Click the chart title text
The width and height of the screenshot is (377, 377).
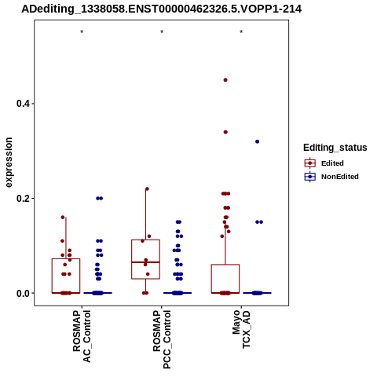(161, 9)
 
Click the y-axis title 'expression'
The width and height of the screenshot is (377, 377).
(9, 163)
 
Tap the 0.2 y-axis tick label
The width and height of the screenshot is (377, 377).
(22, 199)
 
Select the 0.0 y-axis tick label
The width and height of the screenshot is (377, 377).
(22, 294)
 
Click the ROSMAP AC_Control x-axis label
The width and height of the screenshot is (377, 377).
(82, 336)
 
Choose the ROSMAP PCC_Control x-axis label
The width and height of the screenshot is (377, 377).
(162, 339)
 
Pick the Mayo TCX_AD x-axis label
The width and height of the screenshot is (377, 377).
(241, 329)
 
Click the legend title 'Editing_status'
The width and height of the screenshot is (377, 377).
(335, 148)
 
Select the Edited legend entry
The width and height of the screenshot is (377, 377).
(324, 163)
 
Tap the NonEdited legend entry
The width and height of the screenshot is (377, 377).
(331, 177)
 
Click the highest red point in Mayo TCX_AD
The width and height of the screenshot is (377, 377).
(225, 80)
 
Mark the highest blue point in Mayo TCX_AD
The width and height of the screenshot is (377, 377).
(257, 141)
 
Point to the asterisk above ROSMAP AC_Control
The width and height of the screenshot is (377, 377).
(82, 32)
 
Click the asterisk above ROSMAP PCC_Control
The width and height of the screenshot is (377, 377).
(162, 32)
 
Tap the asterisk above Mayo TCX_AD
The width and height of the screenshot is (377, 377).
(241, 32)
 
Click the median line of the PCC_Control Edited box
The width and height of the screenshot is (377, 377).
(145, 262)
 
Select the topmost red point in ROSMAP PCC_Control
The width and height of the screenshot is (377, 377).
(147, 188)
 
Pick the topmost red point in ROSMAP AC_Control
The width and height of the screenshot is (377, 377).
(63, 218)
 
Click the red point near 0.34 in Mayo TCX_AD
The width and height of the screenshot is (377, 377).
(225, 132)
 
